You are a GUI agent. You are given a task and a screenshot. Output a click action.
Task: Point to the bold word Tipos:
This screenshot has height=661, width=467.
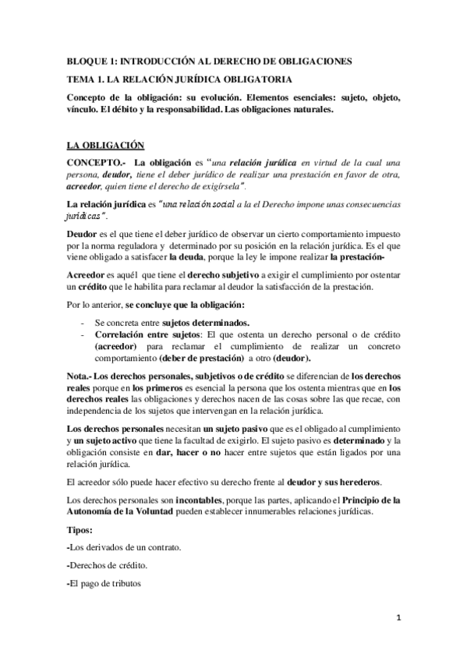tap(80, 530)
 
